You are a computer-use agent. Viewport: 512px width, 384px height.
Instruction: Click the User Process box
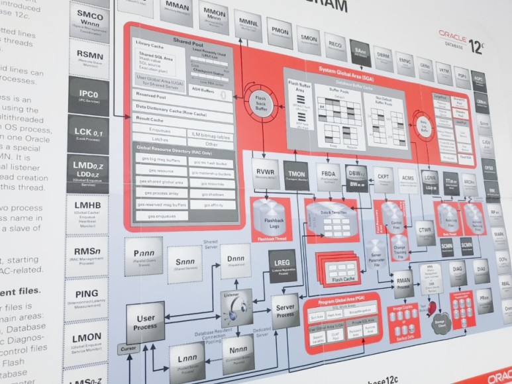pyautogui.click(x=145, y=322)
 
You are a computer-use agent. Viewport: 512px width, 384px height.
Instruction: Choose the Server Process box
pyautogui.click(x=285, y=310)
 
